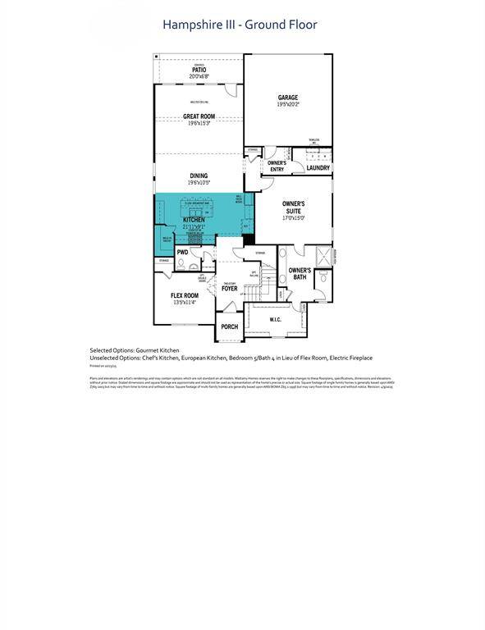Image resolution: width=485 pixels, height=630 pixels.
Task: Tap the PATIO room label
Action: tap(199, 70)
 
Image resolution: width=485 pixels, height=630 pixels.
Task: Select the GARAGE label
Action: tap(287, 98)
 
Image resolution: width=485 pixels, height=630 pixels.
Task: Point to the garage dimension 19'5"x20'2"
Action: tap(287, 105)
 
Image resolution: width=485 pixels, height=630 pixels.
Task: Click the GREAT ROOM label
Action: tap(199, 116)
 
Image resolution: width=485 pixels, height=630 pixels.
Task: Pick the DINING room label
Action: tap(199, 176)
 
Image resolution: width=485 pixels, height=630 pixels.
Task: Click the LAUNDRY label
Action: tap(318, 168)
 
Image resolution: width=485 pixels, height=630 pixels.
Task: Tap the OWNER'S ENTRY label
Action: tap(277, 166)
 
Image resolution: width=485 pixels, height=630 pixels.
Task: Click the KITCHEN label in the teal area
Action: tap(194, 220)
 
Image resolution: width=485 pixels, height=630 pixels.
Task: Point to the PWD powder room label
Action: tap(182, 253)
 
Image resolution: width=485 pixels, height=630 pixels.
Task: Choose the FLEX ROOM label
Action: tap(185, 295)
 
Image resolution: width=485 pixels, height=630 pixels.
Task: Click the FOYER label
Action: tap(229, 289)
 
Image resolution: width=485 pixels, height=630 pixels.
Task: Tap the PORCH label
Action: tap(230, 326)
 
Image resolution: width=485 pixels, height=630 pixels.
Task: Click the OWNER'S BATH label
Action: tap(300, 273)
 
